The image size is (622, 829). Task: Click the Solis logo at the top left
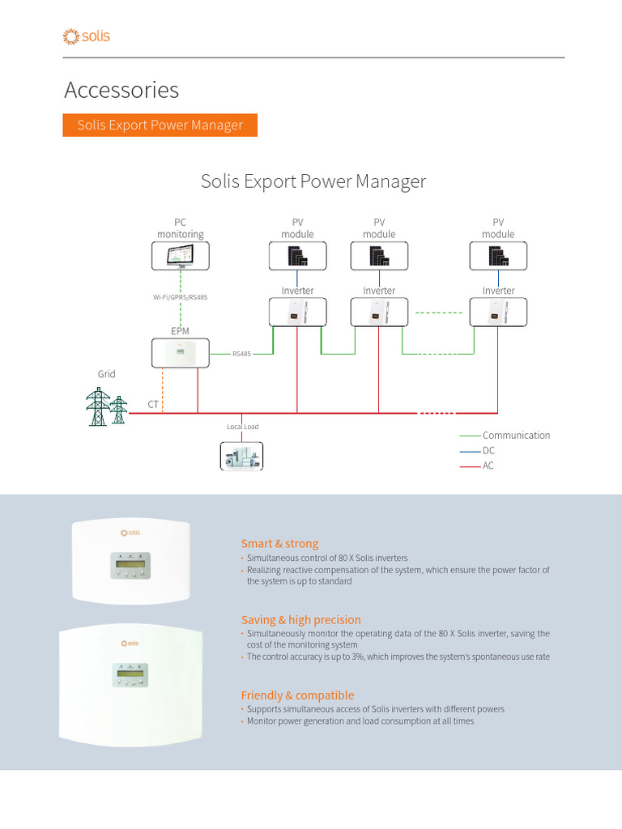(x=86, y=36)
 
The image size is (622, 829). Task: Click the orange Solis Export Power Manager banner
(x=160, y=125)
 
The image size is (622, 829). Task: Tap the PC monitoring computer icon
(x=181, y=256)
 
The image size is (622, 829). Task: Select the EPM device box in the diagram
(x=181, y=352)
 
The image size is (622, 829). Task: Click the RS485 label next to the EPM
(x=241, y=354)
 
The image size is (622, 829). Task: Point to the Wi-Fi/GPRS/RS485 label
(x=181, y=298)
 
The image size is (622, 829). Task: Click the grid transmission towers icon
(x=107, y=406)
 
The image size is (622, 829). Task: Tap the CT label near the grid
(x=153, y=403)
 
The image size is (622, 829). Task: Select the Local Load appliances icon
(x=241, y=455)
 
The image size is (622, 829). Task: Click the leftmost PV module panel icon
(x=297, y=256)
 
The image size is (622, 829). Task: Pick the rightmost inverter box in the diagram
(x=498, y=312)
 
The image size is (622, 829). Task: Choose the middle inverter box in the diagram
(x=378, y=312)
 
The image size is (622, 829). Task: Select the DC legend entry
(x=488, y=450)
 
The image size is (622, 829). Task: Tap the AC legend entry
(x=488, y=466)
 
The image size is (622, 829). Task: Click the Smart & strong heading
(x=279, y=544)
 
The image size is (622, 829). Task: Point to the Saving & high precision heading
(x=300, y=620)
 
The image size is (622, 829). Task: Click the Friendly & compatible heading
(x=297, y=695)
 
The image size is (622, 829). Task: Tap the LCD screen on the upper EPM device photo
(x=130, y=560)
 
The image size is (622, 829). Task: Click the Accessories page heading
(x=121, y=90)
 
